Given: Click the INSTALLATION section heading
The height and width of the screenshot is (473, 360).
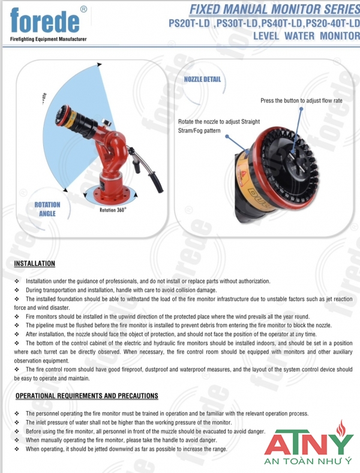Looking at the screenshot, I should [x=34, y=264].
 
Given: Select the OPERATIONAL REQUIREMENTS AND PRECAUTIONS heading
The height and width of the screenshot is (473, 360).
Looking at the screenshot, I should [x=86, y=396].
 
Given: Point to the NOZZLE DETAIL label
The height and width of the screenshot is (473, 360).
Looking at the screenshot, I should [x=202, y=79].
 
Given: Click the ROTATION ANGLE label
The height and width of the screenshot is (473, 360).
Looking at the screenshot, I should [x=47, y=209].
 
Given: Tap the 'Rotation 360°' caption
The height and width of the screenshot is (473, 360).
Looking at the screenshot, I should [x=113, y=211].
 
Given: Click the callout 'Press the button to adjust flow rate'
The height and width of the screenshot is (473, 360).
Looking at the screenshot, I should [x=301, y=100].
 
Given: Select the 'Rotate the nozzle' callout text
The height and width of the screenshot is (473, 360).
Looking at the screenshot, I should [x=219, y=125].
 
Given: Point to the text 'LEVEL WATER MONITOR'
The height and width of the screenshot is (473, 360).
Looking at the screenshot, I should [x=307, y=36].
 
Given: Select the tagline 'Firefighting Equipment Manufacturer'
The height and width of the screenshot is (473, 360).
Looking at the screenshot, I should [x=48, y=39].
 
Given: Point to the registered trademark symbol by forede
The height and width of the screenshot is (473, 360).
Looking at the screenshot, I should [x=83, y=8].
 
